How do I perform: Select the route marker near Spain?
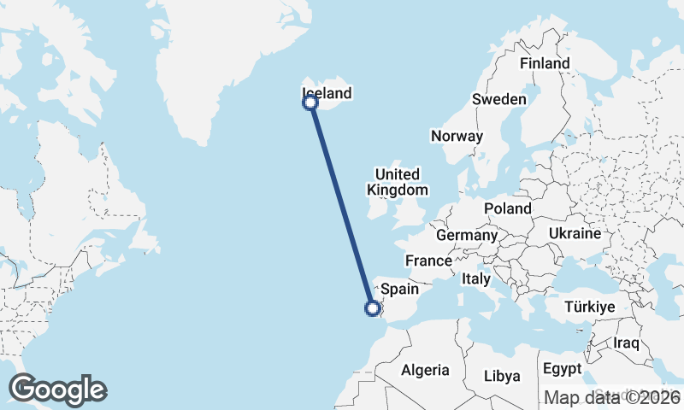[x=373, y=308]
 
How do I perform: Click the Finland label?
[x=545, y=63]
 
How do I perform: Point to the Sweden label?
[x=499, y=99]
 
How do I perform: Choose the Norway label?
[x=457, y=136]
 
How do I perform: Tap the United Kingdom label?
[x=397, y=182]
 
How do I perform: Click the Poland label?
[x=507, y=208]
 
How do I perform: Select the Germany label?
[x=466, y=235]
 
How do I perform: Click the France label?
[x=428, y=261]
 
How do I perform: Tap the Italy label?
[x=475, y=278]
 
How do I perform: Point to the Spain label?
[x=398, y=289]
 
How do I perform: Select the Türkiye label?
[x=590, y=307]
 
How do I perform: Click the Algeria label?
[x=425, y=370]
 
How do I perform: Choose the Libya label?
[x=501, y=376]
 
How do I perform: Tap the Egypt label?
[x=561, y=369]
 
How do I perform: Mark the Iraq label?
[x=627, y=343]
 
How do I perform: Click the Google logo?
[x=57, y=389]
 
